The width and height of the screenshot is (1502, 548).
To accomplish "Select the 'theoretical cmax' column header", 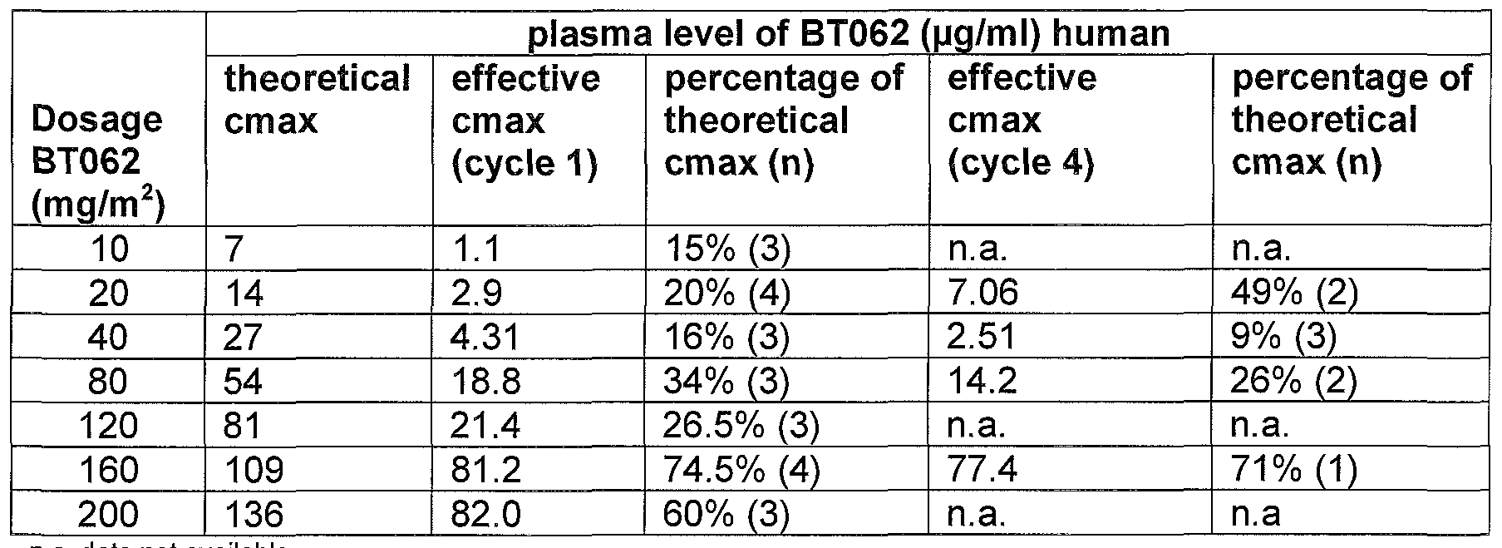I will (x=317, y=100).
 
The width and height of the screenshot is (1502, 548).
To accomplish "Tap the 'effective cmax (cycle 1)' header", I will (x=525, y=121).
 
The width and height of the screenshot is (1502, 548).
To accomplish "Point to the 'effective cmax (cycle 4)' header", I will (x=1022, y=121).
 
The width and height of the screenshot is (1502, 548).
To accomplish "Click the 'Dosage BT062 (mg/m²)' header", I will (x=97, y=163).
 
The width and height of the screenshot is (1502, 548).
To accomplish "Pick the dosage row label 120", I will (x=108, y=427).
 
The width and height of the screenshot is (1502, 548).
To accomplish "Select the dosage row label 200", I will (x=108, y=515).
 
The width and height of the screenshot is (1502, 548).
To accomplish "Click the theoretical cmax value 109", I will (x=254, y=471).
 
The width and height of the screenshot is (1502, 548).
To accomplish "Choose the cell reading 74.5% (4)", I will (x=741, y=471).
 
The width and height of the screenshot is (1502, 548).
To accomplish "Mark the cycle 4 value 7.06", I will (x=982, y=293).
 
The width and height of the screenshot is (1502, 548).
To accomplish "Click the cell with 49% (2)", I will (x=1294, y=293).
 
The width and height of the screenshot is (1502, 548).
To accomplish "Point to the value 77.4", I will (x=982, y=471).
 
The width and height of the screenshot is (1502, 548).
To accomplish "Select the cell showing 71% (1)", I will (x=1294, y=471).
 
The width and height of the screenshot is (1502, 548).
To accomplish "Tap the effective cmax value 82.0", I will (x=486, y=515).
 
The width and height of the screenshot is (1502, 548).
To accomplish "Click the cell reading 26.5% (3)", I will (x=741, y=427).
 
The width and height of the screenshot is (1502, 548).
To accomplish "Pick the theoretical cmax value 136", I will (x=254, y=515).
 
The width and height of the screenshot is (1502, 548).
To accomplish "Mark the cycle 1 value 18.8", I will (x=486, y=382).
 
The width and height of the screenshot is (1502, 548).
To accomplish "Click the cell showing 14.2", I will (x=982, y=382).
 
